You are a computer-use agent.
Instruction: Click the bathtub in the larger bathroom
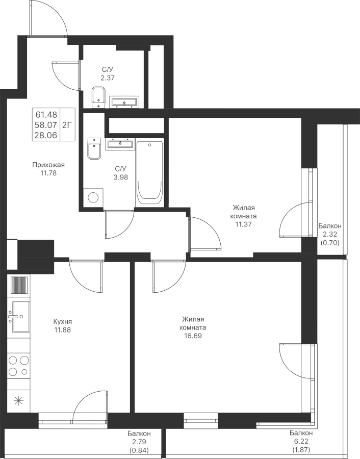[149, 172]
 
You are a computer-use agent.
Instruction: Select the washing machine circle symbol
[93, 197]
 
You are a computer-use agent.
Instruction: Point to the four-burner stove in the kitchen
[18, 366]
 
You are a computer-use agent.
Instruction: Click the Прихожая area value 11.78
[48, 173]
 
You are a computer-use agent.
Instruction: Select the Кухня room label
[63, 322]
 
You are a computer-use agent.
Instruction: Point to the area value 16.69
[193, 337]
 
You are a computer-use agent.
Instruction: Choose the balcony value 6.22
[300, 442]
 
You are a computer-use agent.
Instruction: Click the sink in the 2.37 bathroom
[124, 102]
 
